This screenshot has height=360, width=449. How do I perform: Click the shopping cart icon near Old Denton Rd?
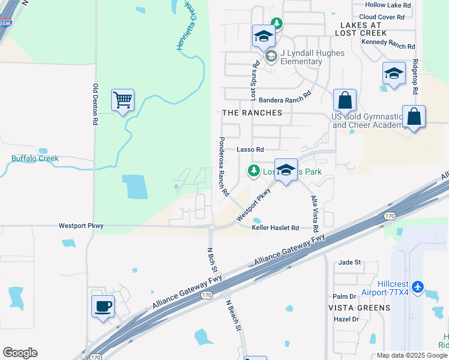[x=122, y=100]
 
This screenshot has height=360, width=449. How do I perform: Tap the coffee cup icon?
[x=103, y=307]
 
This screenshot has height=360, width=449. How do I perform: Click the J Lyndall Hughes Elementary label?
[x=305, y=57]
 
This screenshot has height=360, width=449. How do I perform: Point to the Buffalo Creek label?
[x=35, y=159]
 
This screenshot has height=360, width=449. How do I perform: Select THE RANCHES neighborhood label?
[x=252, y=113]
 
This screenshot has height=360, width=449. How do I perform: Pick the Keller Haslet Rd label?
[x=275, y=228]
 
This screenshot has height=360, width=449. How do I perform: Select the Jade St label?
[x=349, y=262]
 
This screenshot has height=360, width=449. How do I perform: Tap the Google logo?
[x=20, y=353]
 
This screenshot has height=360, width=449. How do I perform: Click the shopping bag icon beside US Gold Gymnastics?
[x=345, y=100]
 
